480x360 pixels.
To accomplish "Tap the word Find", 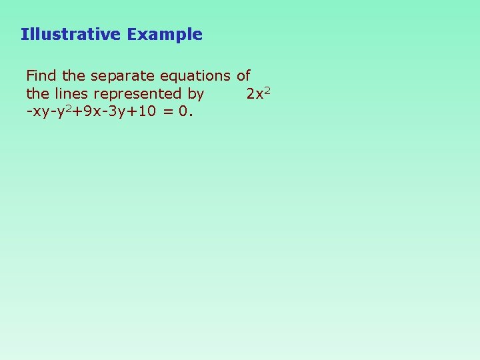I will (x=41, y=76).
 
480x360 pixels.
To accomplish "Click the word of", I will (x=243, y=76).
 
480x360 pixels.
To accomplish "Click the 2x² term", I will (x=257, y=93).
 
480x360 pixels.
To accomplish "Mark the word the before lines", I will (x=37, y=93).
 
